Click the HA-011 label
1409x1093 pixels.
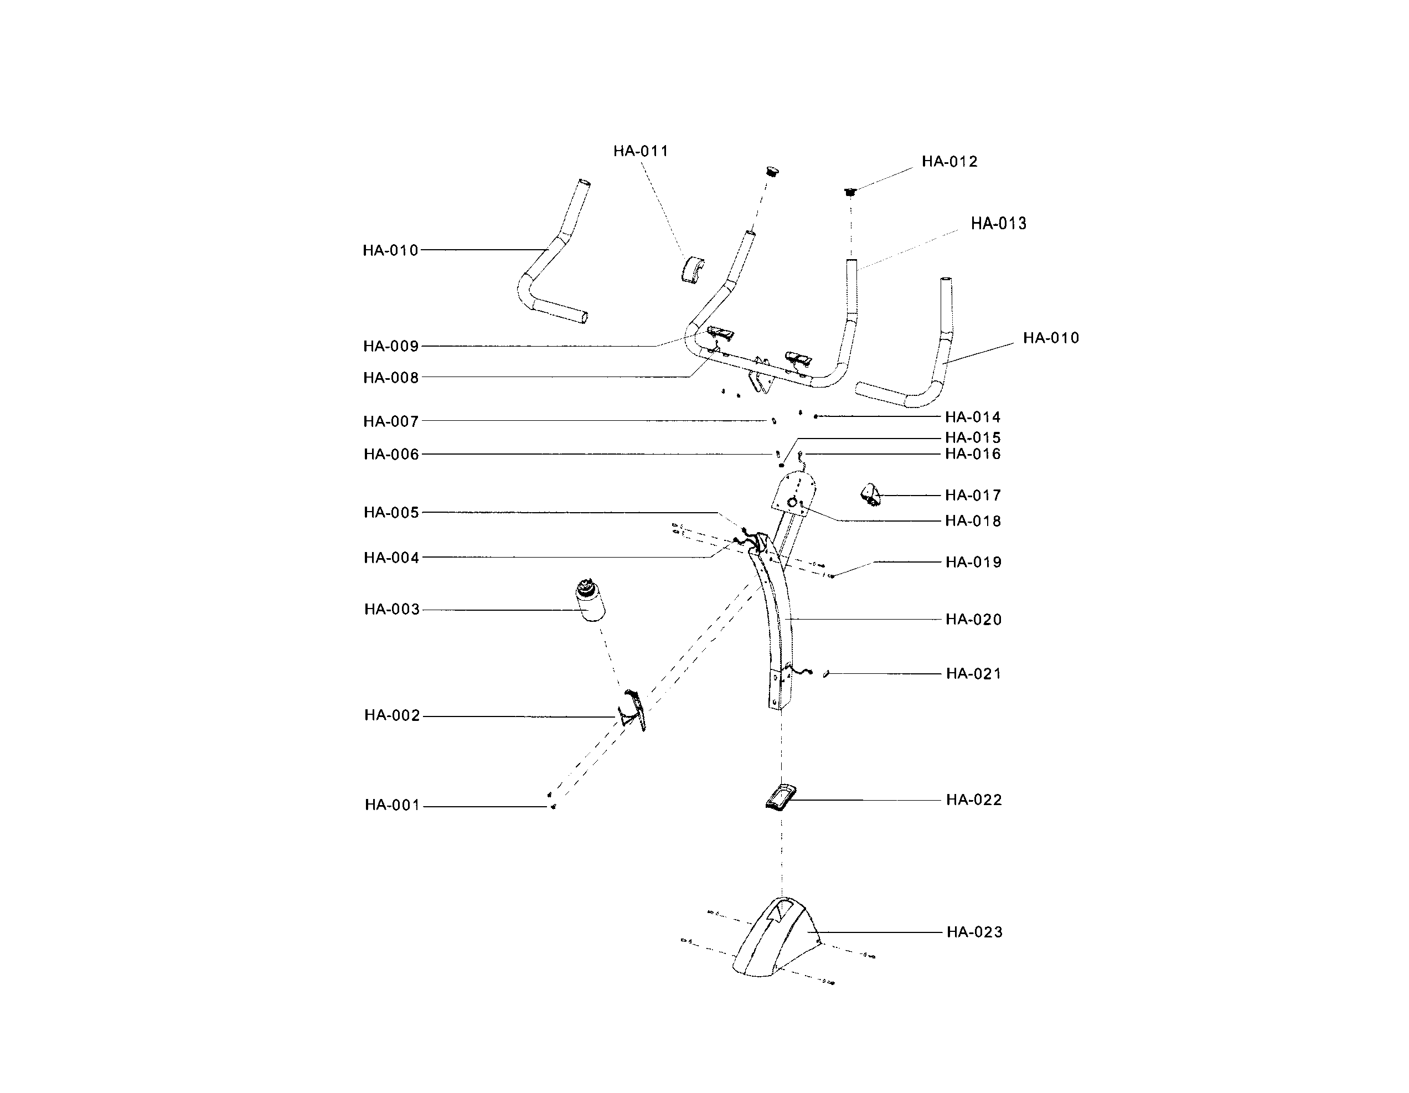pos(640,151)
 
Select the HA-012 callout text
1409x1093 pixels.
pos(949,161)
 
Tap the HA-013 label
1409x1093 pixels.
pos(998,223)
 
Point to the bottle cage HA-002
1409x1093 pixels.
pos(633,710)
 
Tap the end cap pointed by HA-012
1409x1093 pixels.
pos(850,192)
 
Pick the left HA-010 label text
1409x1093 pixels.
pos(390,250)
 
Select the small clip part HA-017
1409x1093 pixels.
pos(871,496)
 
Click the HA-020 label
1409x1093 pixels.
pos(973,620)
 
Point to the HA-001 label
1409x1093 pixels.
pos(392,805)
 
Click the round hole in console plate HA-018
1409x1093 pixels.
pos(792,503)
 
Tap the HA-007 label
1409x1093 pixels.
pos(391,421)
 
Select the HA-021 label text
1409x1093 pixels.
pos(973,674)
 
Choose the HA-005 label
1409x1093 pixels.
pos(391,512)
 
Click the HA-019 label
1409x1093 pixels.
pos(973,562)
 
